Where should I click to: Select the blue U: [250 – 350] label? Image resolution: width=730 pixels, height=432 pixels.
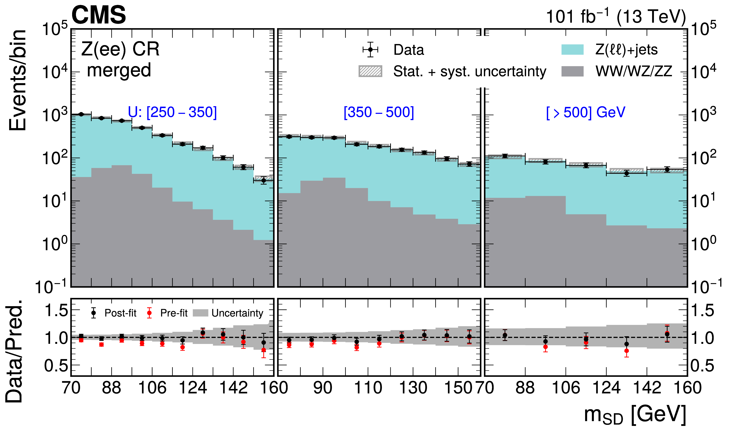coord(172,112)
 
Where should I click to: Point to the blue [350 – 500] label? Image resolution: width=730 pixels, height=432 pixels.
coord(379,112)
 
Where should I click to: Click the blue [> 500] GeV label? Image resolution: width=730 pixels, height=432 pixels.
coord(585,112)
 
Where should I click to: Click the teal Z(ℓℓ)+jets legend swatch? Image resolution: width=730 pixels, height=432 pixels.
coord(572,49)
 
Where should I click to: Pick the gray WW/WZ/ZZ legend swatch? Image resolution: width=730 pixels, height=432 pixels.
coord(572,71)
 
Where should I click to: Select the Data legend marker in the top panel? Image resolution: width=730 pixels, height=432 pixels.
coord(370,49)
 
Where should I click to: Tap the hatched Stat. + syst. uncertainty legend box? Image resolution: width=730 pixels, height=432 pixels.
coord(370,71)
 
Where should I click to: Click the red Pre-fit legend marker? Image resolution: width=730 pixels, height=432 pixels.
coord(149,313)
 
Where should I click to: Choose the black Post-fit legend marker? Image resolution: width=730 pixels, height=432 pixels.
coord(93,313)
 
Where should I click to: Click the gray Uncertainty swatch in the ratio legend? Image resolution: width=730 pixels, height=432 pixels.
coord(200,313)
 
